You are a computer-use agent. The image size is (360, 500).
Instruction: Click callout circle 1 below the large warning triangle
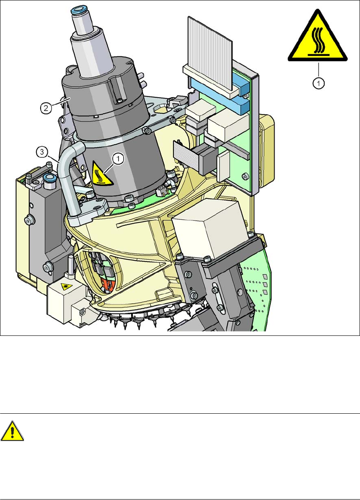click(318, 83)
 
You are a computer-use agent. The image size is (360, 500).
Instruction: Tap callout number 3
click(41, 152)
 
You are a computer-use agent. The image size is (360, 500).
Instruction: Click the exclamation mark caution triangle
click(12, 431)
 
